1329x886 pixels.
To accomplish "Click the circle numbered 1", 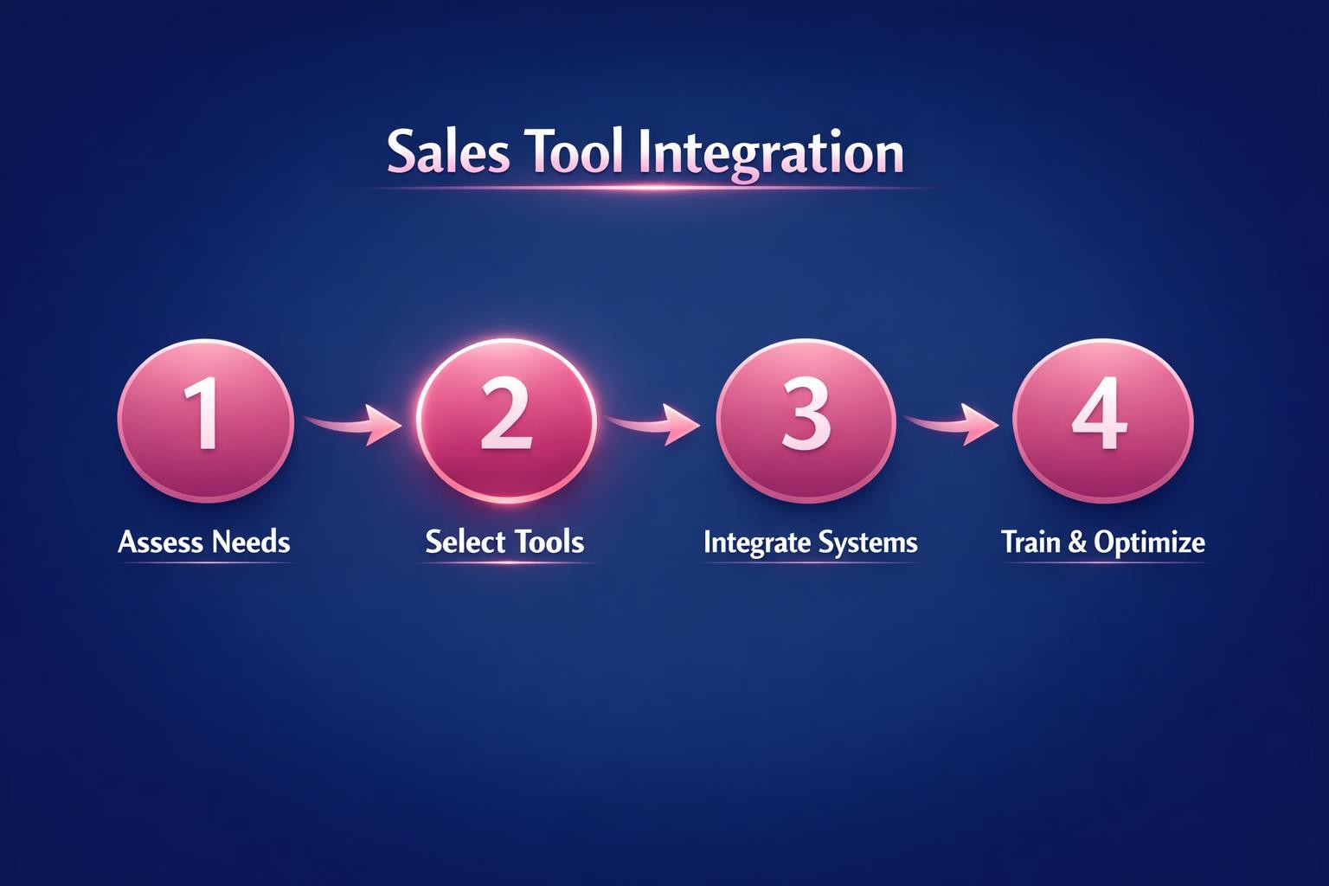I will point(206,421).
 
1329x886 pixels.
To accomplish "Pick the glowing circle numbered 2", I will point(506,421).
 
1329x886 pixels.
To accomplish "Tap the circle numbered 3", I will point(806,421).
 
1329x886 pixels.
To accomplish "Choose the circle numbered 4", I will point(1101,421).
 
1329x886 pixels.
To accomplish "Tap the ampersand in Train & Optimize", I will point(1077,543).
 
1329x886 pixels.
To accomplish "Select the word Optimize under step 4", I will point(1149,543).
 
